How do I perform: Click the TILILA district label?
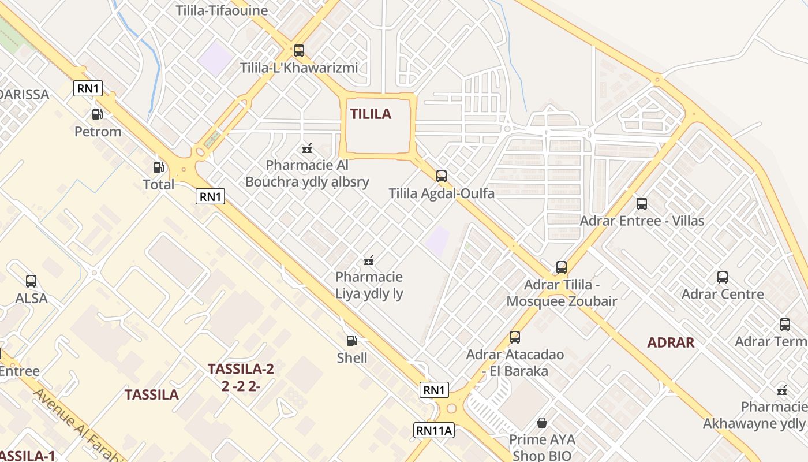click(371, 114)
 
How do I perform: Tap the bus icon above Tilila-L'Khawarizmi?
click(298, 50)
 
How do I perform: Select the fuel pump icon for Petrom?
click(98, 114)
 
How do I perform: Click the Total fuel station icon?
click(158, 167)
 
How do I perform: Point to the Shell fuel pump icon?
click(351, 341)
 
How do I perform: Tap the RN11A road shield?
click(434, 430)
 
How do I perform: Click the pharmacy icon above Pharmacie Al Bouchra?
click(307, 148)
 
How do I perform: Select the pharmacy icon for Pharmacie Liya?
click(369, 260)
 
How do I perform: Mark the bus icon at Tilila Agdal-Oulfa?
click(442, 176)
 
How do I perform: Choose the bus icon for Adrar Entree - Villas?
click(641, 204)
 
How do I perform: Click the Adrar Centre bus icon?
click(723, 277)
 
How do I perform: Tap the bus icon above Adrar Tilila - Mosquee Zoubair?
click(562, 267)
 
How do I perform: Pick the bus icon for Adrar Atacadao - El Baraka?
click(514, 337)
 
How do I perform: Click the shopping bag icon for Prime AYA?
click(541, 423)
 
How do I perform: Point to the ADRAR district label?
click(671, 342)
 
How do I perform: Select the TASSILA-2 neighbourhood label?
click(241, 369)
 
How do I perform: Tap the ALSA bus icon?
click(31, 281)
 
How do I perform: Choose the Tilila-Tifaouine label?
click(222, 10)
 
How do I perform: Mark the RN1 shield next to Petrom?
click(88, 88)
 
